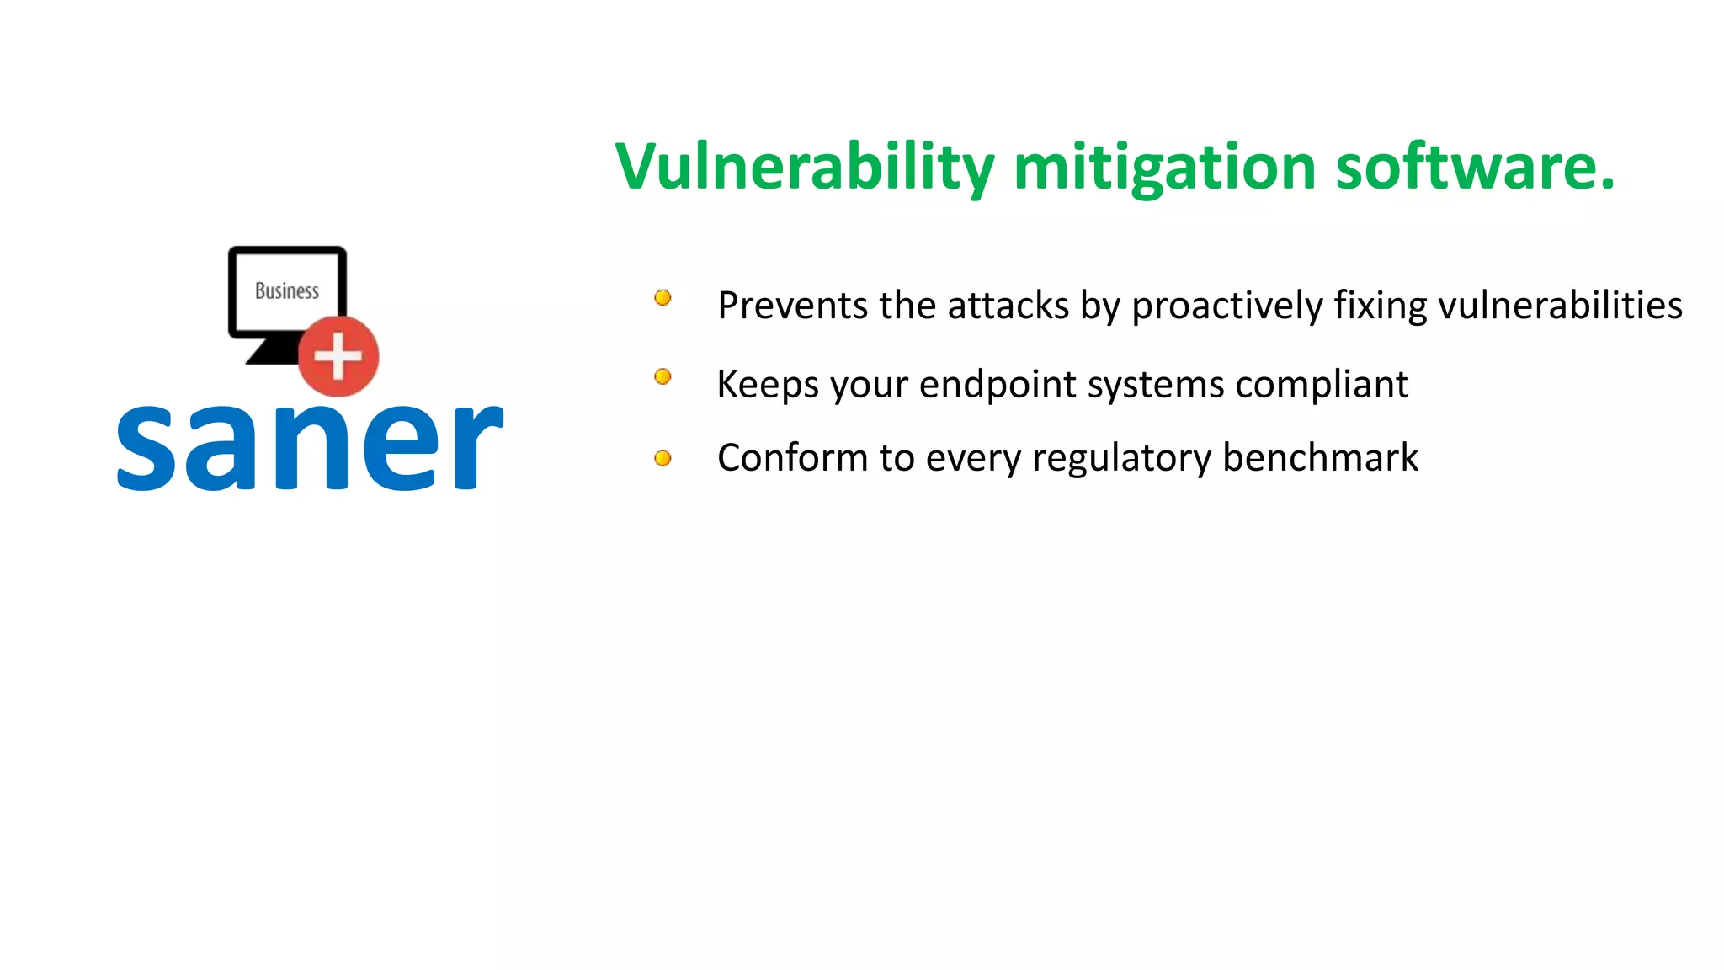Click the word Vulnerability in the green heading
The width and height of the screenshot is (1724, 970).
804,167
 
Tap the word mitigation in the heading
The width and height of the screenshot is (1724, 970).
1165,167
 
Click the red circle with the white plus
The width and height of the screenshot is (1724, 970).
338,356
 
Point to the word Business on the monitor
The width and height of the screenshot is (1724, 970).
287,290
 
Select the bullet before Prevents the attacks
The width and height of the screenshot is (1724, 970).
662,297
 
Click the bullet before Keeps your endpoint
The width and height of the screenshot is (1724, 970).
662,376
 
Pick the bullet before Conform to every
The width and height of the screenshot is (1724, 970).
662,458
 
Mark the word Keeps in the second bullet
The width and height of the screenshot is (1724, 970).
767,386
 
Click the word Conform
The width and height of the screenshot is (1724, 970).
792,458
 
